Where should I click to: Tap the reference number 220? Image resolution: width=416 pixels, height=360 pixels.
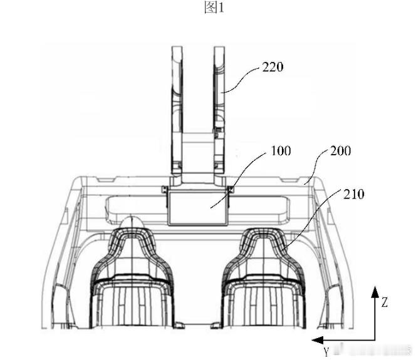pos(273,67)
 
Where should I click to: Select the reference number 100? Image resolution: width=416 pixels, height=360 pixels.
pos(281,151)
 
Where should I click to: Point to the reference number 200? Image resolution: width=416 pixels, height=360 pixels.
pos(340,151)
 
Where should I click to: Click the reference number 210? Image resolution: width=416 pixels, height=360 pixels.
pos(353,194)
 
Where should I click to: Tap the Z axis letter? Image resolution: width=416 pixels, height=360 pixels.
pos(385,302)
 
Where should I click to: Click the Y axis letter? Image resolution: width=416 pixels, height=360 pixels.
pos(326,352)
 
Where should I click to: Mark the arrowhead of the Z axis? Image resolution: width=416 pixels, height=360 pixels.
pos(375,292)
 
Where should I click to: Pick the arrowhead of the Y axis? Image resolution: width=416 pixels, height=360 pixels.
pos(317,340)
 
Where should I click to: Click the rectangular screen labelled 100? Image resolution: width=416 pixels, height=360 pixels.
pos(197,208)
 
